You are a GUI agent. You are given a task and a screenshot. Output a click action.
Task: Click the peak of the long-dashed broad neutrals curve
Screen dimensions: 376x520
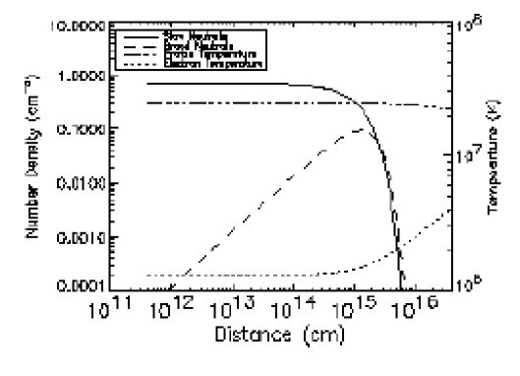[x=363, y=129]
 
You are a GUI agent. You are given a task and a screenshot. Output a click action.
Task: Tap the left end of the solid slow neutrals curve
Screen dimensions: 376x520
[x=147, y=84]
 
